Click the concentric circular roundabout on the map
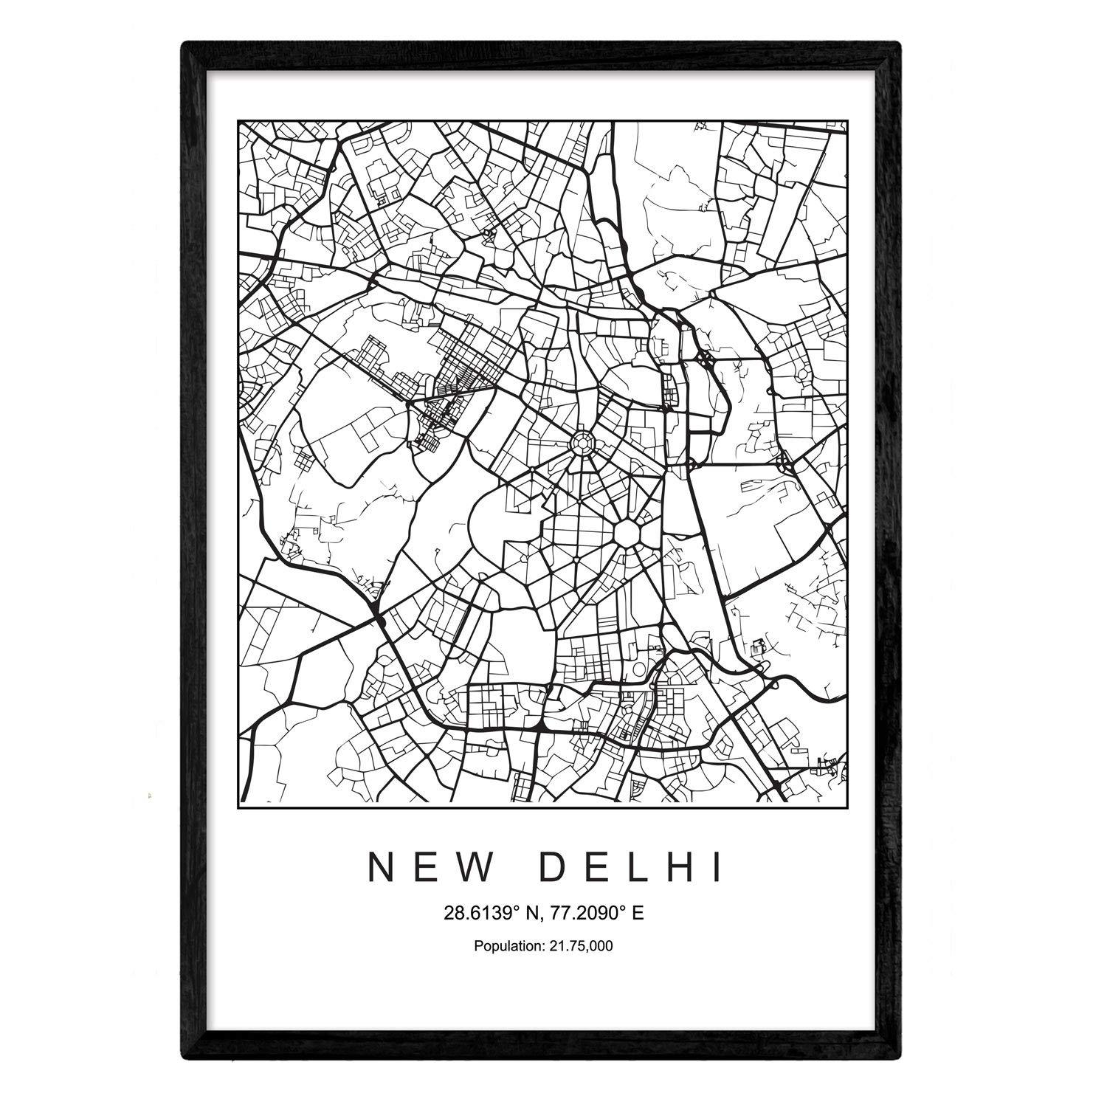pos(582,444)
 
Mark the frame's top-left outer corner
pos(182,43)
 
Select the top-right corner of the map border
pos(848,120)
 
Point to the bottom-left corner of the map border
pos(238,803)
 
